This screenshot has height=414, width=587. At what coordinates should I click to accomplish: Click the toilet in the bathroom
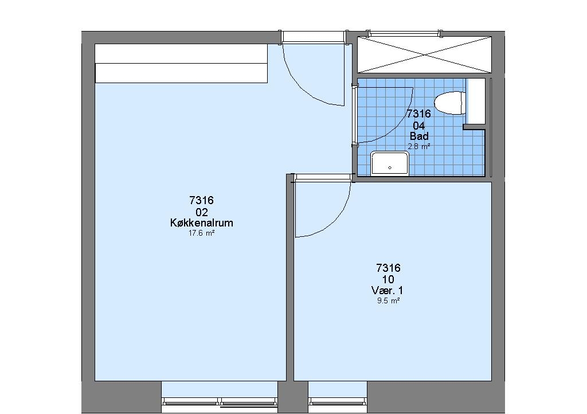(450, 103)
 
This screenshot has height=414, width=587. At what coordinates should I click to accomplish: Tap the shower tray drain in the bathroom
(390, 167)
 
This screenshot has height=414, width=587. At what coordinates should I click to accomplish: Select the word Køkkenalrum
(201, 223)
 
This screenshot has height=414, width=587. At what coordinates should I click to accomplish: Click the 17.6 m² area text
(201, 233)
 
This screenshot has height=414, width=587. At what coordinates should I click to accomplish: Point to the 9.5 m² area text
(389, 300)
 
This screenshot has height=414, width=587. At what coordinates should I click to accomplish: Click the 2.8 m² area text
(419, 147)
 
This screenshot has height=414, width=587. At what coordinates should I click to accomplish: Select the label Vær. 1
(388, 291)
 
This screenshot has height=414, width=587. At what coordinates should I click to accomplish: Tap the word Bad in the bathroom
(419, 136)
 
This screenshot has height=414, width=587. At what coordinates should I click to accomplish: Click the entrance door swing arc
(303, 88)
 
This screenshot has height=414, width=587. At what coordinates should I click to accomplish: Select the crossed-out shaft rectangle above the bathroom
(425, 54)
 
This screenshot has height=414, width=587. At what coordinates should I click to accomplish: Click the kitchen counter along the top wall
(181, 63)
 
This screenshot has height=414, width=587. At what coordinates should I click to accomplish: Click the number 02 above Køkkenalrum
(201, 212)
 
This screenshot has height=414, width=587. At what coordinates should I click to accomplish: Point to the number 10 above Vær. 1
(388, 279)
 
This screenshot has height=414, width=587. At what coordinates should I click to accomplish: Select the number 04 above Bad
(419, 125)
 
